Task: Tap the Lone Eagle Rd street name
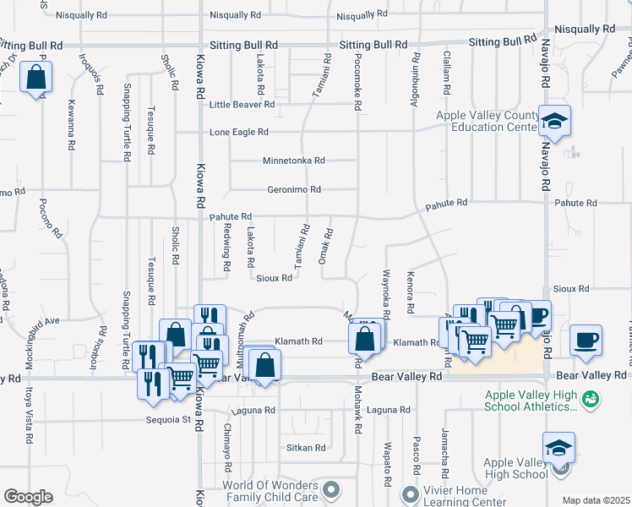(238, 133)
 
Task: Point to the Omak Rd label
(323, 245)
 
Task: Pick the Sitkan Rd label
(306, 448)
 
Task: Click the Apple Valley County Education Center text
(488, 122)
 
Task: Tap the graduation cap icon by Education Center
(555, 121)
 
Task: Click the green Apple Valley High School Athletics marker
(591, 397)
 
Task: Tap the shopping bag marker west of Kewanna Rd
(36, 78)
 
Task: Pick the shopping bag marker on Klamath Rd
(364, 340)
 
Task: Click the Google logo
(28, 496)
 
